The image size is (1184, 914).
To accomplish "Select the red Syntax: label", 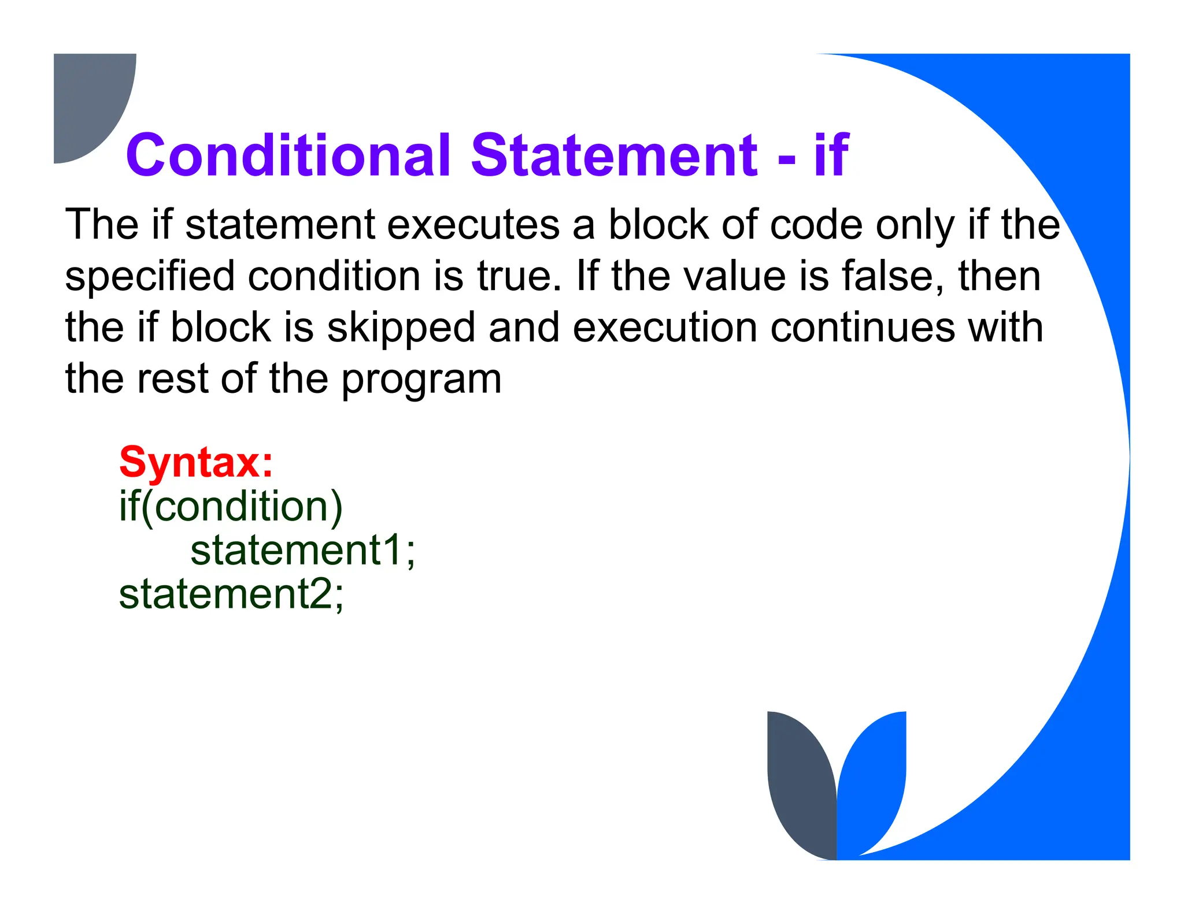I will click(x=196, y=462).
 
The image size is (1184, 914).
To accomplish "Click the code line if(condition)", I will click(x=231, y=507).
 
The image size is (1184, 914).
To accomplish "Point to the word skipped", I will click(x=401, y=328).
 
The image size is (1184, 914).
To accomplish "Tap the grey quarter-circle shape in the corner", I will click(x=87, y=98).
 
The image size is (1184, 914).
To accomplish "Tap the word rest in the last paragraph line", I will click(x=173, y=379).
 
